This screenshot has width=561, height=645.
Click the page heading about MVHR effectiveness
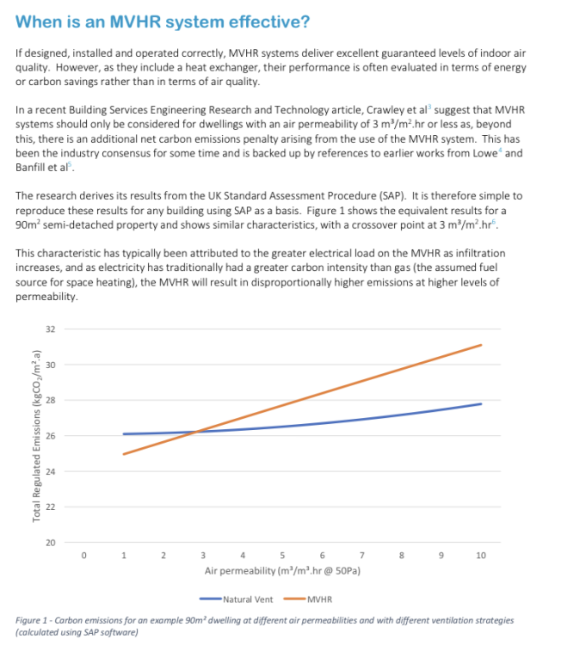tap(163, 21)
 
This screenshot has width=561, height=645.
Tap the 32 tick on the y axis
tap(48, 329)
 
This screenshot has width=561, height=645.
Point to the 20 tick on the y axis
tap(48, 543)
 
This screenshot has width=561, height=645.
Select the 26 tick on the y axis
tap(48, 436)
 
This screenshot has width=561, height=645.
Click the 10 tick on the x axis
tap(480, 556)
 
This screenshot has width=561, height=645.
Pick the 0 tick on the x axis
tap(83, 556)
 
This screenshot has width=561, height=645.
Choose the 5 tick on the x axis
tap(282, 556)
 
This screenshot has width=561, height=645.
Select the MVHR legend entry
tap(318, 599)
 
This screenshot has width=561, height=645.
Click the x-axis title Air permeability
tap(281, 569)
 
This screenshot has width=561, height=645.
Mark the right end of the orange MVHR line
tap(480, 345)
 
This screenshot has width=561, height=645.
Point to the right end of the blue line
tap(480, 403)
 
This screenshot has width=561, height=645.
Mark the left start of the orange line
tap(124, 454)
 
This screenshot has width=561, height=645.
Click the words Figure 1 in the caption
tap(33, 620)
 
